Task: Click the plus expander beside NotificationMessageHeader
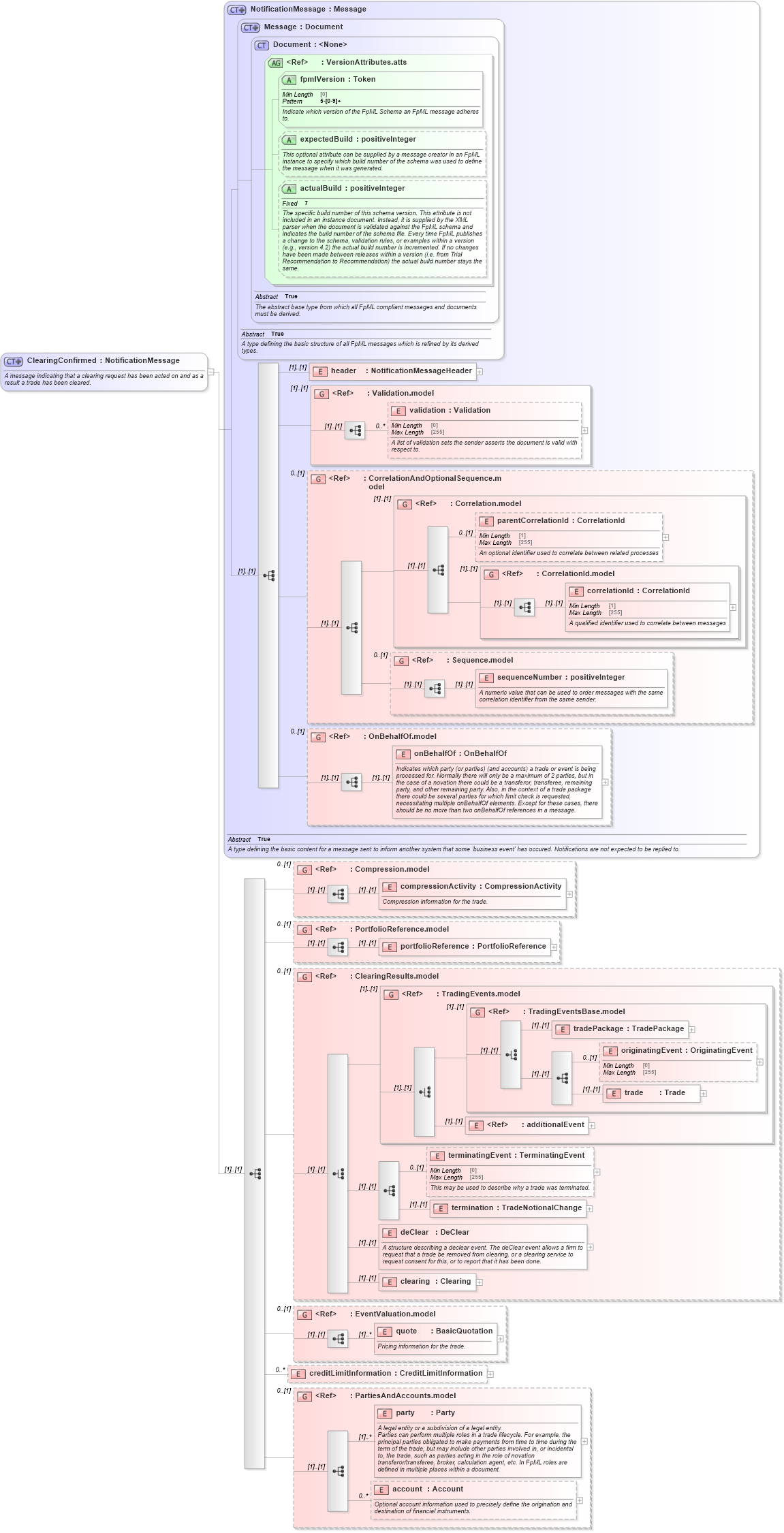point(480,372)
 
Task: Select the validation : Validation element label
point(450,410)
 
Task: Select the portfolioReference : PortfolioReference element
point(472,946)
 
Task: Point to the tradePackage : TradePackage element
point(627,1028)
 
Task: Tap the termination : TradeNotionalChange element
point(516,1207)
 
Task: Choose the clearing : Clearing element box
point(435,1281)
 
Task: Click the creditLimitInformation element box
point(395,1373)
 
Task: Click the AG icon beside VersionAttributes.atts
point(275,63)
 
